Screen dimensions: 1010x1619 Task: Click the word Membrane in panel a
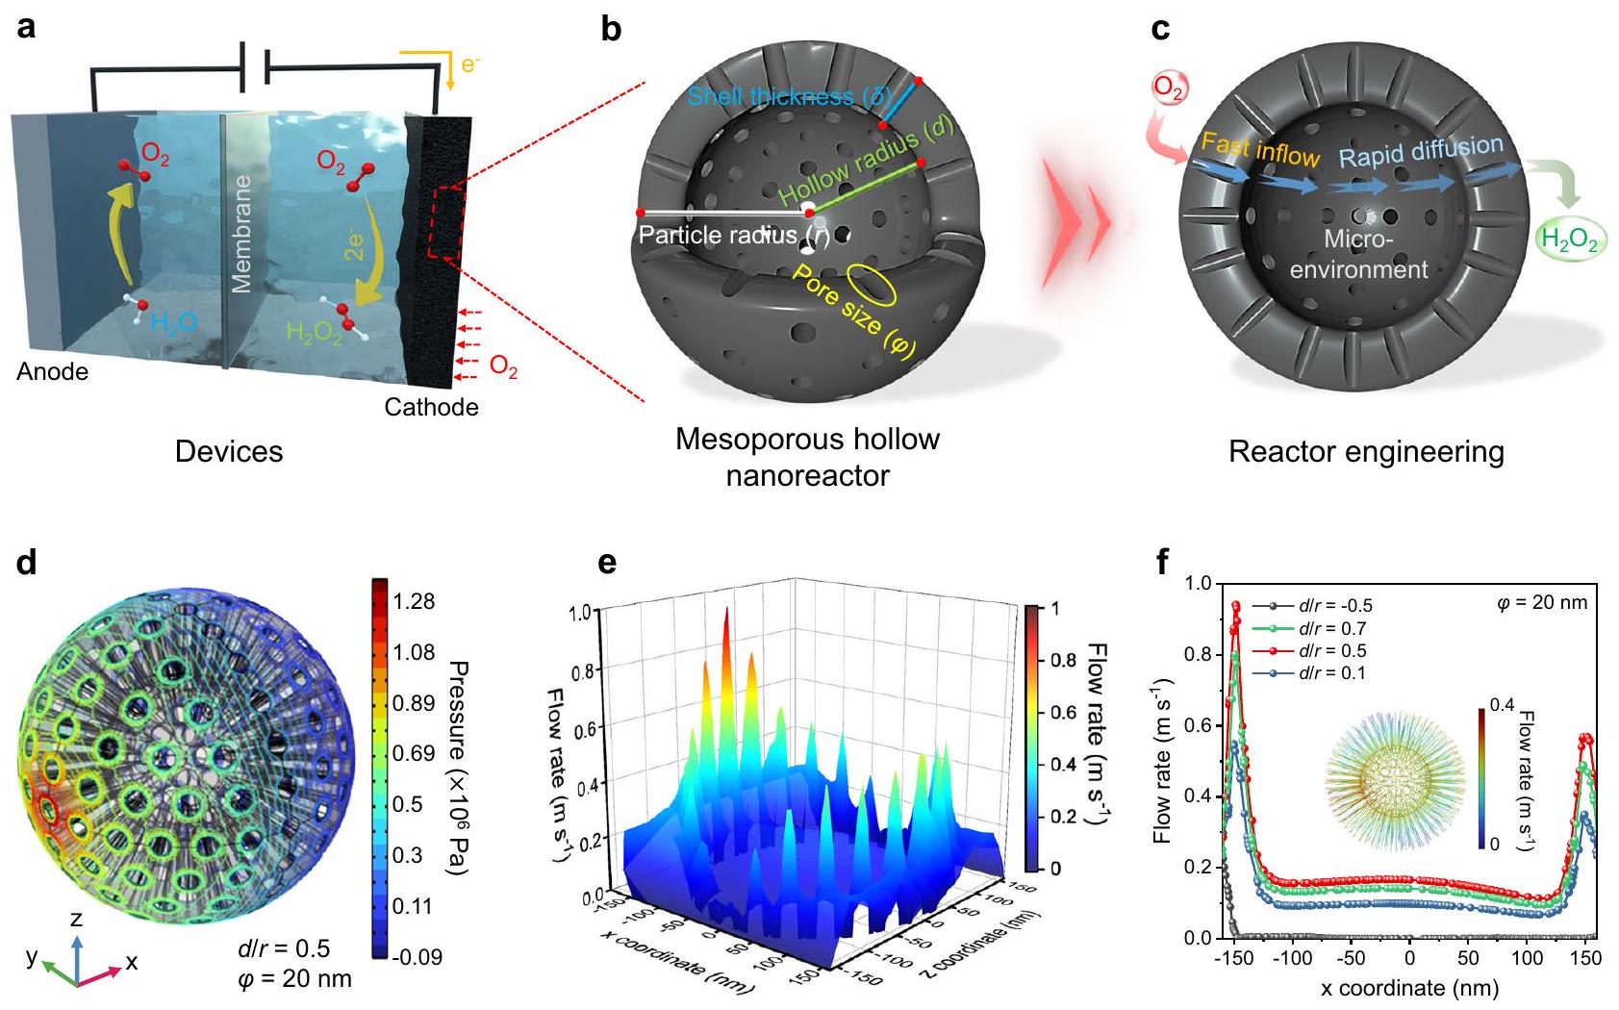tap(241, 234)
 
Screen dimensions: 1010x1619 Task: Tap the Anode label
tap(52, 372)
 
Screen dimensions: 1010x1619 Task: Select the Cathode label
tap(431, 408)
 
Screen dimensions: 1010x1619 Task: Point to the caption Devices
tap(229, 452)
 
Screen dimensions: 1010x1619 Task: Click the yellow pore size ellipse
tap(876, 287)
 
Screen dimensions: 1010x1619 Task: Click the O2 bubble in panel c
tap(1169, 88)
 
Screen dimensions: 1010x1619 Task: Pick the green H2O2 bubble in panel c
tap(1569, 240)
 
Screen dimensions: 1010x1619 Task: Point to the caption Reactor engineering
tap(1366, 452)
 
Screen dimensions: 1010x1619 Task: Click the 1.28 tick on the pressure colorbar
tap(414, 602)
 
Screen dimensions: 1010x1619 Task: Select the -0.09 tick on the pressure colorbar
tap(417, 957)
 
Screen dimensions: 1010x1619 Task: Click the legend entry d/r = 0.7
tap(1331, 628)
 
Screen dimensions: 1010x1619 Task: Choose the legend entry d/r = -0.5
tap(1334, 606)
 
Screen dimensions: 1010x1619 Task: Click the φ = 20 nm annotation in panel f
tap(1542, 603)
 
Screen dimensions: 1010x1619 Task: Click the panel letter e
tap(607, 562)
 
